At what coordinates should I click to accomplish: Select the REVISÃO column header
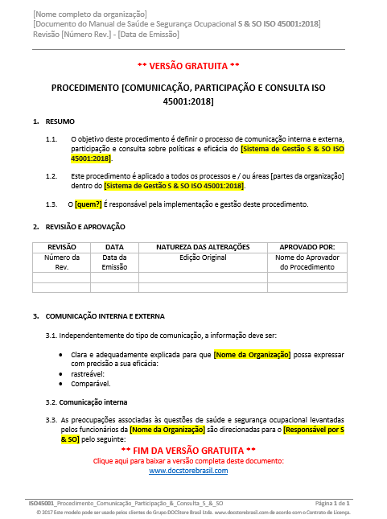[x=62, y=246]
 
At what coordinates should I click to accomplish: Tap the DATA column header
[x=115, y=246]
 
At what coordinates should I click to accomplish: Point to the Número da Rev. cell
[x=62, y=262]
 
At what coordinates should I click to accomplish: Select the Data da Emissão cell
[x=115, y=262]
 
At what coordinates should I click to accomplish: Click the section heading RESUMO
[x=60, y=122]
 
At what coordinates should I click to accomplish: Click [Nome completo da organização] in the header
[x=89, y=14]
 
